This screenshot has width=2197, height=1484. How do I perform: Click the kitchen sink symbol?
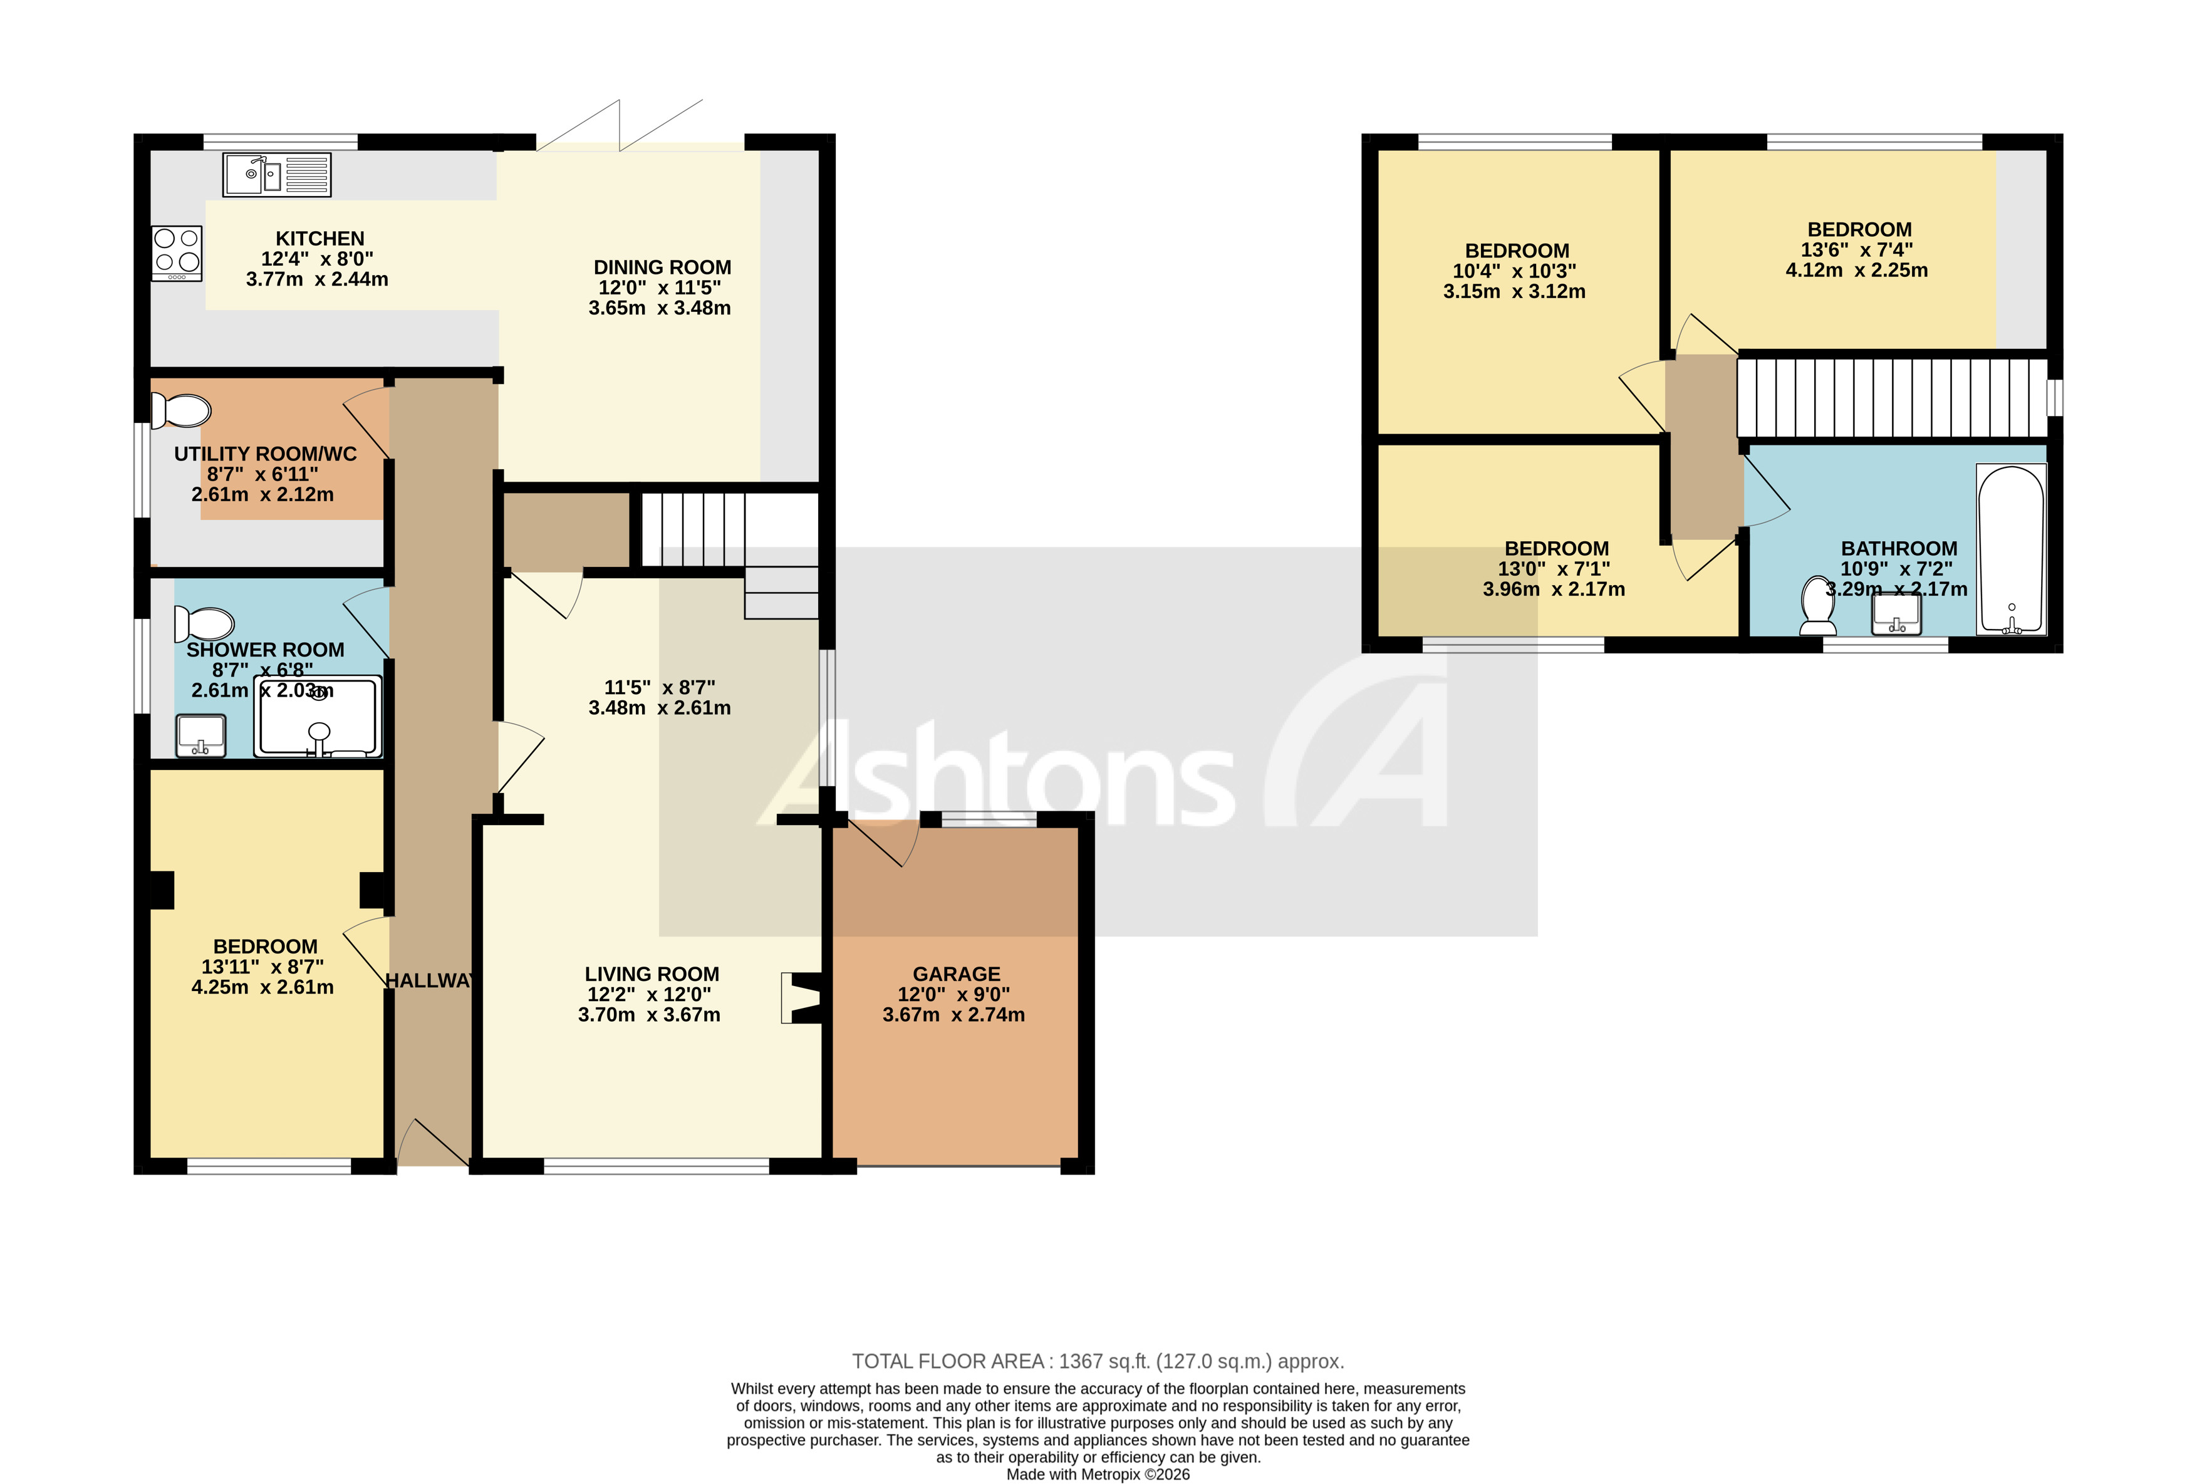tap(276, 175)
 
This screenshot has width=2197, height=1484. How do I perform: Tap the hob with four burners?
tap(177, 253)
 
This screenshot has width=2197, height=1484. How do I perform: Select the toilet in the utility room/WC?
tap(182, 411)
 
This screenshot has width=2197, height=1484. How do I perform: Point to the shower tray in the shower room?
tap(318, 717)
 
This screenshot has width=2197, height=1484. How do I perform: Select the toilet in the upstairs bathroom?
tap(1817, 606)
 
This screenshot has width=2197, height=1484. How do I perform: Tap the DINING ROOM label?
tap(662, 267)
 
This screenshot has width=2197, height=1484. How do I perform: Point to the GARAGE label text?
tap(956, 973)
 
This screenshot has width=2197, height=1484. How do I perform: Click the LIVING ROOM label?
tap(652, 973)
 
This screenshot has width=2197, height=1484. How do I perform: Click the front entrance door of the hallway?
tap(433, 1144)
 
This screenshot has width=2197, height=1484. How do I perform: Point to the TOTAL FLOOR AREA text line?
tap(1098, 1361)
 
